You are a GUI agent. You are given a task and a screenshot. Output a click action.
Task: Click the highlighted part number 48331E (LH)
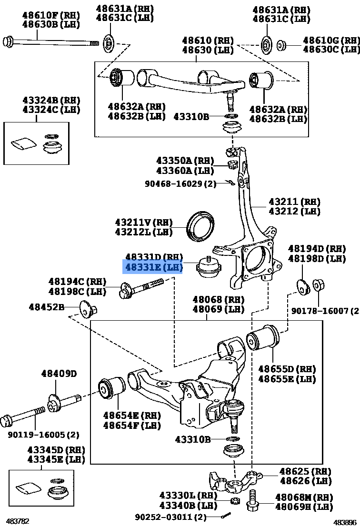pyautogui.click(x=153, y=267)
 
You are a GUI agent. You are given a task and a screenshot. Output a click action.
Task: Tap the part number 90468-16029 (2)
pyautogui.click(x=180, y=183)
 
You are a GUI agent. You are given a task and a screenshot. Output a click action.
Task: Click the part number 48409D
pyautogui.click(x=59, y=374)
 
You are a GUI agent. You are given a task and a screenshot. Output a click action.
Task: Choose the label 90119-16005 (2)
pyautogui.click(x=43, y=435)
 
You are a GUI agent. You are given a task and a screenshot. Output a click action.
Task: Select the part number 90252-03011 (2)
pyautogui.click(x=170, y=517)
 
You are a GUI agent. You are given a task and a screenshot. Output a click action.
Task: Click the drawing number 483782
pyautogui.click(x=18, y=521)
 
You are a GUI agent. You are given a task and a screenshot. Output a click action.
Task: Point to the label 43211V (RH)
pyautogui.click(x=143, y=222)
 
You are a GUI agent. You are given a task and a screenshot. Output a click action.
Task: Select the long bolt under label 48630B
pyautogui.click(x=52, y=42)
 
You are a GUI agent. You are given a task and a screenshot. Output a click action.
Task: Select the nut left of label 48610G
pyautogui.click(x=281, y=45)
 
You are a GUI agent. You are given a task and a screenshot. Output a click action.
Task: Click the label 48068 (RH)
pyautogui.click(x=218, y=300)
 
